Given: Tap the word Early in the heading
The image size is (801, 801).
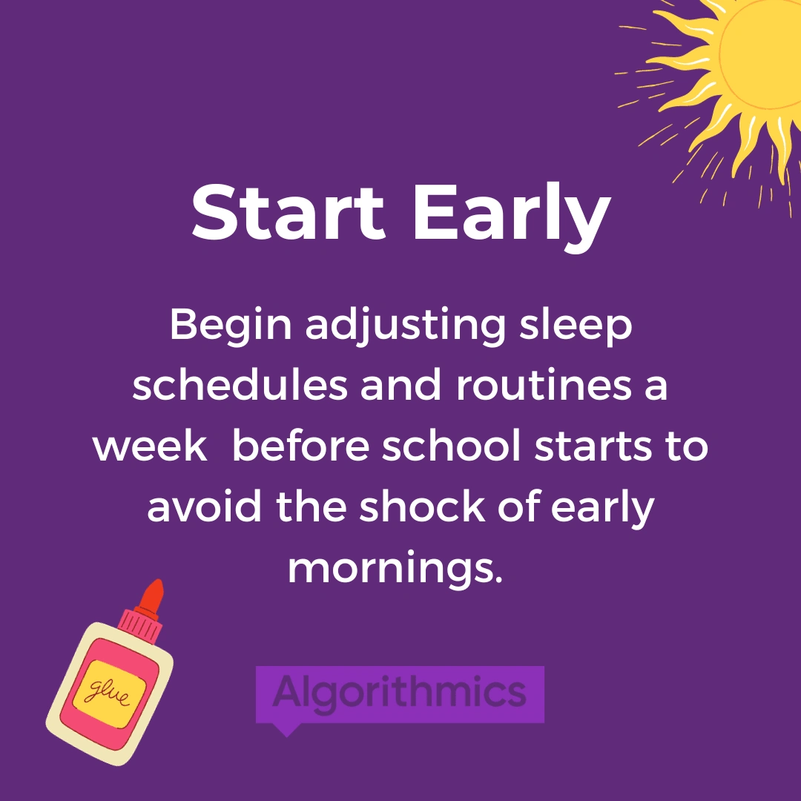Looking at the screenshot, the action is (512, 217).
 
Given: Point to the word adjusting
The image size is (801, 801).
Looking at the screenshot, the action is (406, 327).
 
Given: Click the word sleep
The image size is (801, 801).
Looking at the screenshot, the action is (576, 327).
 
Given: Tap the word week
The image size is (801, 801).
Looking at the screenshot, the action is (150, 445).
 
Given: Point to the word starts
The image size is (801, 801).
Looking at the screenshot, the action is (593, 446).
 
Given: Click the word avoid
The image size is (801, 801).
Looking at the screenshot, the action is (205, 506).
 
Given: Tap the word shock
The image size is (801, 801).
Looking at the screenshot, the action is (423, 506).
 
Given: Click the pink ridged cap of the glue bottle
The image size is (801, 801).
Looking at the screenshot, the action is (140, 624).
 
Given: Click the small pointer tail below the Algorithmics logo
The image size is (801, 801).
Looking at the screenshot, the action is (286, 730).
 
